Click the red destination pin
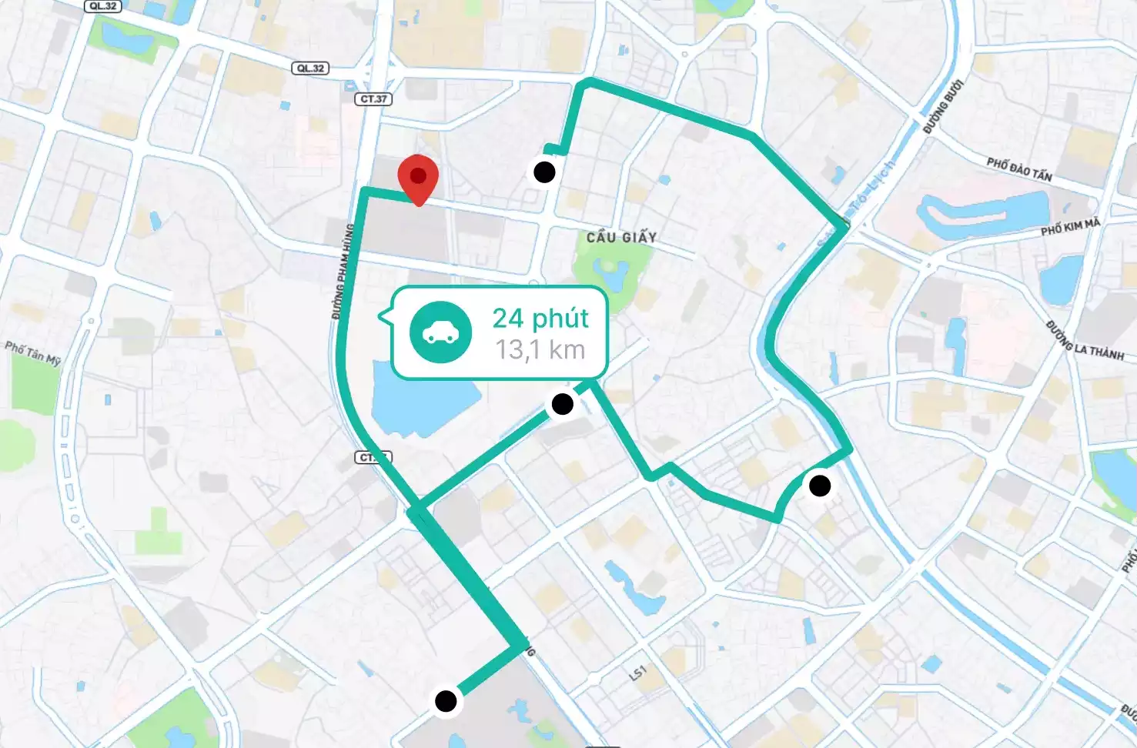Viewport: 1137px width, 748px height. (x=418, y=178)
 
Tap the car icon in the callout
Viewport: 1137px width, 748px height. (x=440, y=332)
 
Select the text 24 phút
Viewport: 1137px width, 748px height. (x=540, y=318)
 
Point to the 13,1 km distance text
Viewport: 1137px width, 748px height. (x=540, y=350)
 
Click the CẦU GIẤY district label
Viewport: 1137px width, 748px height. (x=621, y=238)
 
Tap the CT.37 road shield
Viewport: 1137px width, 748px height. (x=375, y=99)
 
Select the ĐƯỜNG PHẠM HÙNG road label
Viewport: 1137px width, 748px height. (x=343, y=272)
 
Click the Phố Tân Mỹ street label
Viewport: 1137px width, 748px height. (x=32, y=352)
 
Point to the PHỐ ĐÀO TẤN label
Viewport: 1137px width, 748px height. (x=1019, y=169)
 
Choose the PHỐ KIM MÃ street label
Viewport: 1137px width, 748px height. (x=1070, y=227)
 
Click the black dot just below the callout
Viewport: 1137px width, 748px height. (x=563, y=404)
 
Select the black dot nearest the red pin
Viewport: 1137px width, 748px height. (x=544, y=172)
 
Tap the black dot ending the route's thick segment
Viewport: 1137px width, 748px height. (x=446, y=701)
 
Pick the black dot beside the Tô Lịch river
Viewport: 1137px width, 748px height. (x=820, y=486)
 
